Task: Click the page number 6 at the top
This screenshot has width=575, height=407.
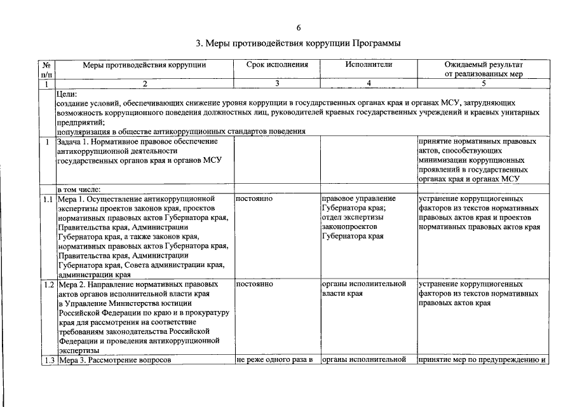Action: tap(299, 27)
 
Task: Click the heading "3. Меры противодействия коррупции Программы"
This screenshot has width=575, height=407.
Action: tap(298, 43)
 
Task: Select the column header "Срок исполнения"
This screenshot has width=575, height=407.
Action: tap(276, 65)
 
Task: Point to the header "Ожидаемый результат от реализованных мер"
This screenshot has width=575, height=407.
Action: tap(484, 69)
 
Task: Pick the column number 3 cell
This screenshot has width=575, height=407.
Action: tap(276, 84)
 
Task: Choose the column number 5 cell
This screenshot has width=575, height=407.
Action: tap(484, 84)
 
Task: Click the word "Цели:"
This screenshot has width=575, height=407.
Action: tap(67, 93)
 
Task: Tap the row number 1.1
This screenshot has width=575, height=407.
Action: tap(47, 199)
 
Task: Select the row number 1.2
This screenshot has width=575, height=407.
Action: tap(47, 284)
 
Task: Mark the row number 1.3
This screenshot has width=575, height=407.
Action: tap(47, 361)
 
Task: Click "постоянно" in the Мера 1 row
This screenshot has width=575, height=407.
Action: tap(254, 199)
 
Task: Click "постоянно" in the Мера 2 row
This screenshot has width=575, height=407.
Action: tap(254, 284)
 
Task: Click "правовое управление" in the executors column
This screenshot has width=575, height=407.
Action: tap(359, 199)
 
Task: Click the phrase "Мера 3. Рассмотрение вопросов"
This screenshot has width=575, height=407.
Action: tap(115, 361)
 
